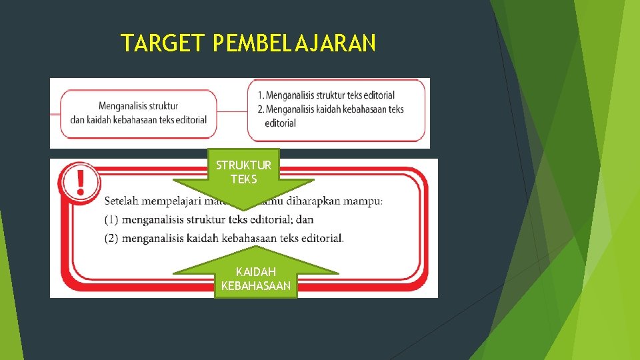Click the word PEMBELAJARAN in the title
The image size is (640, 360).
[295, 43]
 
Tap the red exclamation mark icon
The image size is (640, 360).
[80, 181]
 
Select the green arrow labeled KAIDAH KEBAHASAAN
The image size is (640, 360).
[256, 273]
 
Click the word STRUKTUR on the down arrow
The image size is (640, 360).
[243, 165]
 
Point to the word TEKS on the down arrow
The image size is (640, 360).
[243, 179]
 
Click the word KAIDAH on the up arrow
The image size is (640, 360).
[256, 272]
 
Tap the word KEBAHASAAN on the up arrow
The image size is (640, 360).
[256, 286]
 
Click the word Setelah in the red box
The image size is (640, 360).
[123, 201]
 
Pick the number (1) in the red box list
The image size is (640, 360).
[111, 219]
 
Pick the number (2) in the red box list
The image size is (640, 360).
[111, 238]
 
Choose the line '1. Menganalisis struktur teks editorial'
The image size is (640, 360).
[326, 95]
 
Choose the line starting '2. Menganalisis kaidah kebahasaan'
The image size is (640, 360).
[330, 109]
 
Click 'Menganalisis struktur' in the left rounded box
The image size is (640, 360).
[138, 106]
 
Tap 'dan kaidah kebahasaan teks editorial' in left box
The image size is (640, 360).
[138, 119]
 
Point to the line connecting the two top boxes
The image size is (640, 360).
[233, 111]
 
